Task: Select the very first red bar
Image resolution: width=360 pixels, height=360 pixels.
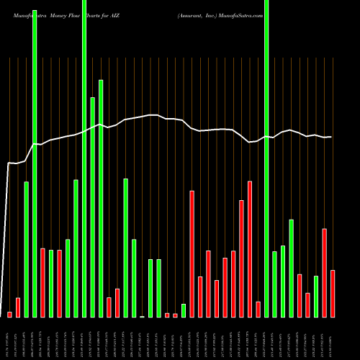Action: click(9, 314)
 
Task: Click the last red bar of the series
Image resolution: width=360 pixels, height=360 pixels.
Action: click(333, 293)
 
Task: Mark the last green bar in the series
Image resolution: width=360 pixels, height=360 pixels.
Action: click(316, 296)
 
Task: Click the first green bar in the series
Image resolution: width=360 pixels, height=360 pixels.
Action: click(26, 248)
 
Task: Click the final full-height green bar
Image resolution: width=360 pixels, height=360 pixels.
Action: click(266, 158)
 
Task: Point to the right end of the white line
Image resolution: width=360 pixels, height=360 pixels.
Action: click(331, 137)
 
